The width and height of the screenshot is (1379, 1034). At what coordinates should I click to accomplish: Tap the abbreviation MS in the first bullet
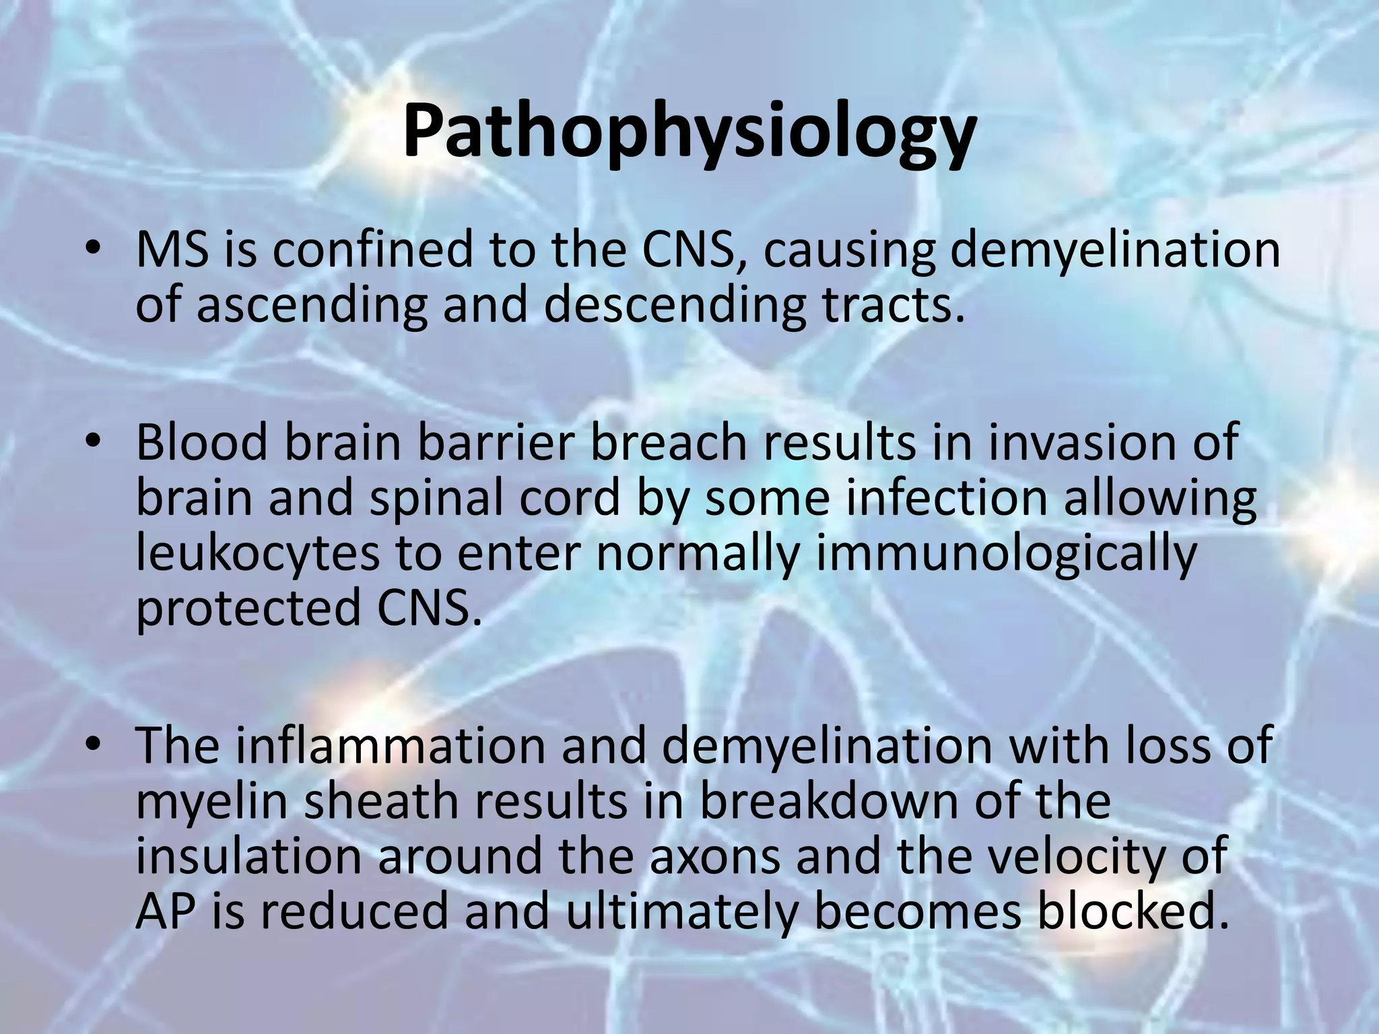click(x=170, y=250)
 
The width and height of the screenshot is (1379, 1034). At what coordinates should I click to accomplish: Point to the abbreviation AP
click(x=165, y=912)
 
